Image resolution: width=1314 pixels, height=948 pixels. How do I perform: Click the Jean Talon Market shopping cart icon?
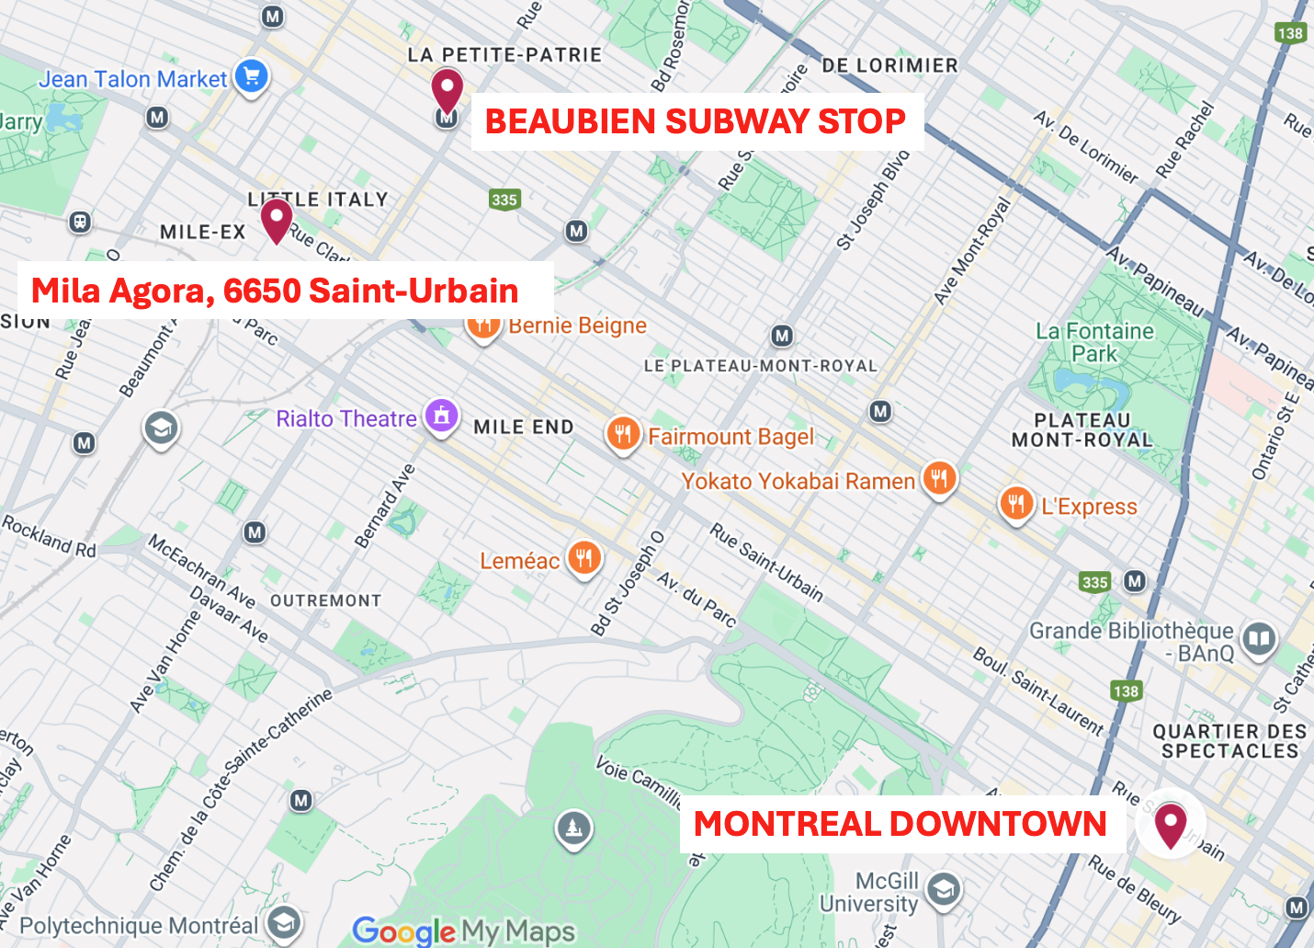click(252, 76)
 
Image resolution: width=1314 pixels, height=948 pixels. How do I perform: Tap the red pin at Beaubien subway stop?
click(447, 88)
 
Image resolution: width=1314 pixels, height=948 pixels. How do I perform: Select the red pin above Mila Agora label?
click(276, 219)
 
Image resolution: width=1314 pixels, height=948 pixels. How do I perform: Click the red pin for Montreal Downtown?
click(1170, 822)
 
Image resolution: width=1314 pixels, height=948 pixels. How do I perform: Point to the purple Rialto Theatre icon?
click(441, 417)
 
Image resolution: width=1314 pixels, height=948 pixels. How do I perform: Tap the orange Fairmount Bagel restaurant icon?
click(623, 434)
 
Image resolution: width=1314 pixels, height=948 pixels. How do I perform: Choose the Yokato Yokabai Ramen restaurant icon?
click(939, 478)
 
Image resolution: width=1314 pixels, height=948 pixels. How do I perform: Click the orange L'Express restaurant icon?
click(1015, 504)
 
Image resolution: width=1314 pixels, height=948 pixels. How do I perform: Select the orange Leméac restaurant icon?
click(584, 557)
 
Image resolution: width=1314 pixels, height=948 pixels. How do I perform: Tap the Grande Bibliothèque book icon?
click(1259, 638)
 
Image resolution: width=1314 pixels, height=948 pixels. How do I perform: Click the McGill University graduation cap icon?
click(944, 889)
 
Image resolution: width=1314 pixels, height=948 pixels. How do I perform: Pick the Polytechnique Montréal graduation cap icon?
click(284, 922)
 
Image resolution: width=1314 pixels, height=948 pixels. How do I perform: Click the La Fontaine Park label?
click(1094, 342)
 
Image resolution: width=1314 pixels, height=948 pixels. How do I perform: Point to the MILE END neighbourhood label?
click(524, 427)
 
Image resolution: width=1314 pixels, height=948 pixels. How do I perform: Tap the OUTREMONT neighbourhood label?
click(325, 600)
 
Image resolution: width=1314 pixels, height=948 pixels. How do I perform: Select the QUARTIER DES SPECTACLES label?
click(1229, 741)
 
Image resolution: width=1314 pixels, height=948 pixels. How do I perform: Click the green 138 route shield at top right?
click(1290, 33)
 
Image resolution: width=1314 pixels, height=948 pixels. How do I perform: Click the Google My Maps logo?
click(463, 931)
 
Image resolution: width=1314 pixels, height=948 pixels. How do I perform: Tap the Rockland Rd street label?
click(49, 536)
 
